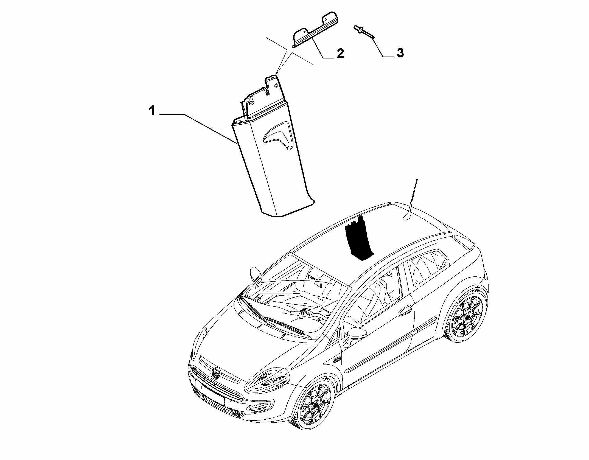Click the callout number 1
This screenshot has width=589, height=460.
(x=152, y=111)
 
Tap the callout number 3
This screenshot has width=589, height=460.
(x=400, y=52)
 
